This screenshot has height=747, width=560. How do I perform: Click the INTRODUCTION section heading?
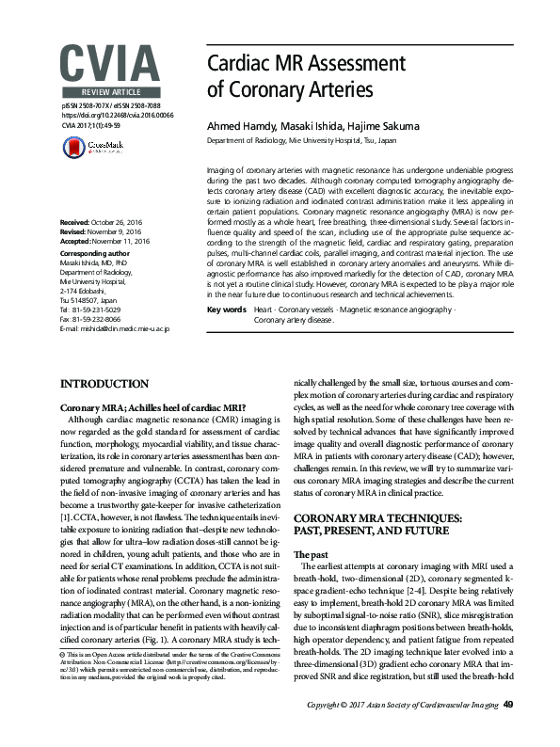click(x=104, y=385)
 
